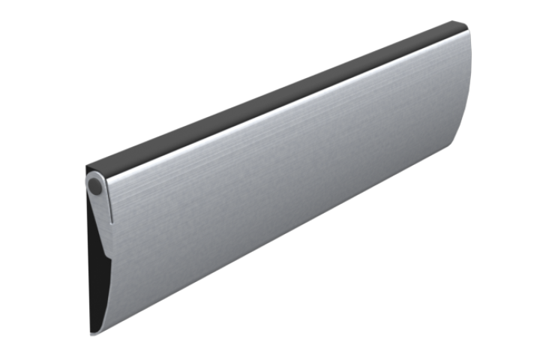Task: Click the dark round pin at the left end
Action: click(x=94, y=185)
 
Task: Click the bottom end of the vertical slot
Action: click(x=113, y=222)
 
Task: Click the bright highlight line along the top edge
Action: click(x=285, y=105)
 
